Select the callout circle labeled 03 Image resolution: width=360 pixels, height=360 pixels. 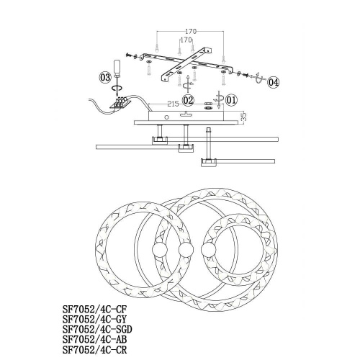click(105, 75)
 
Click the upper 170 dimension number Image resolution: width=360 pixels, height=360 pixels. click(191, 31)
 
